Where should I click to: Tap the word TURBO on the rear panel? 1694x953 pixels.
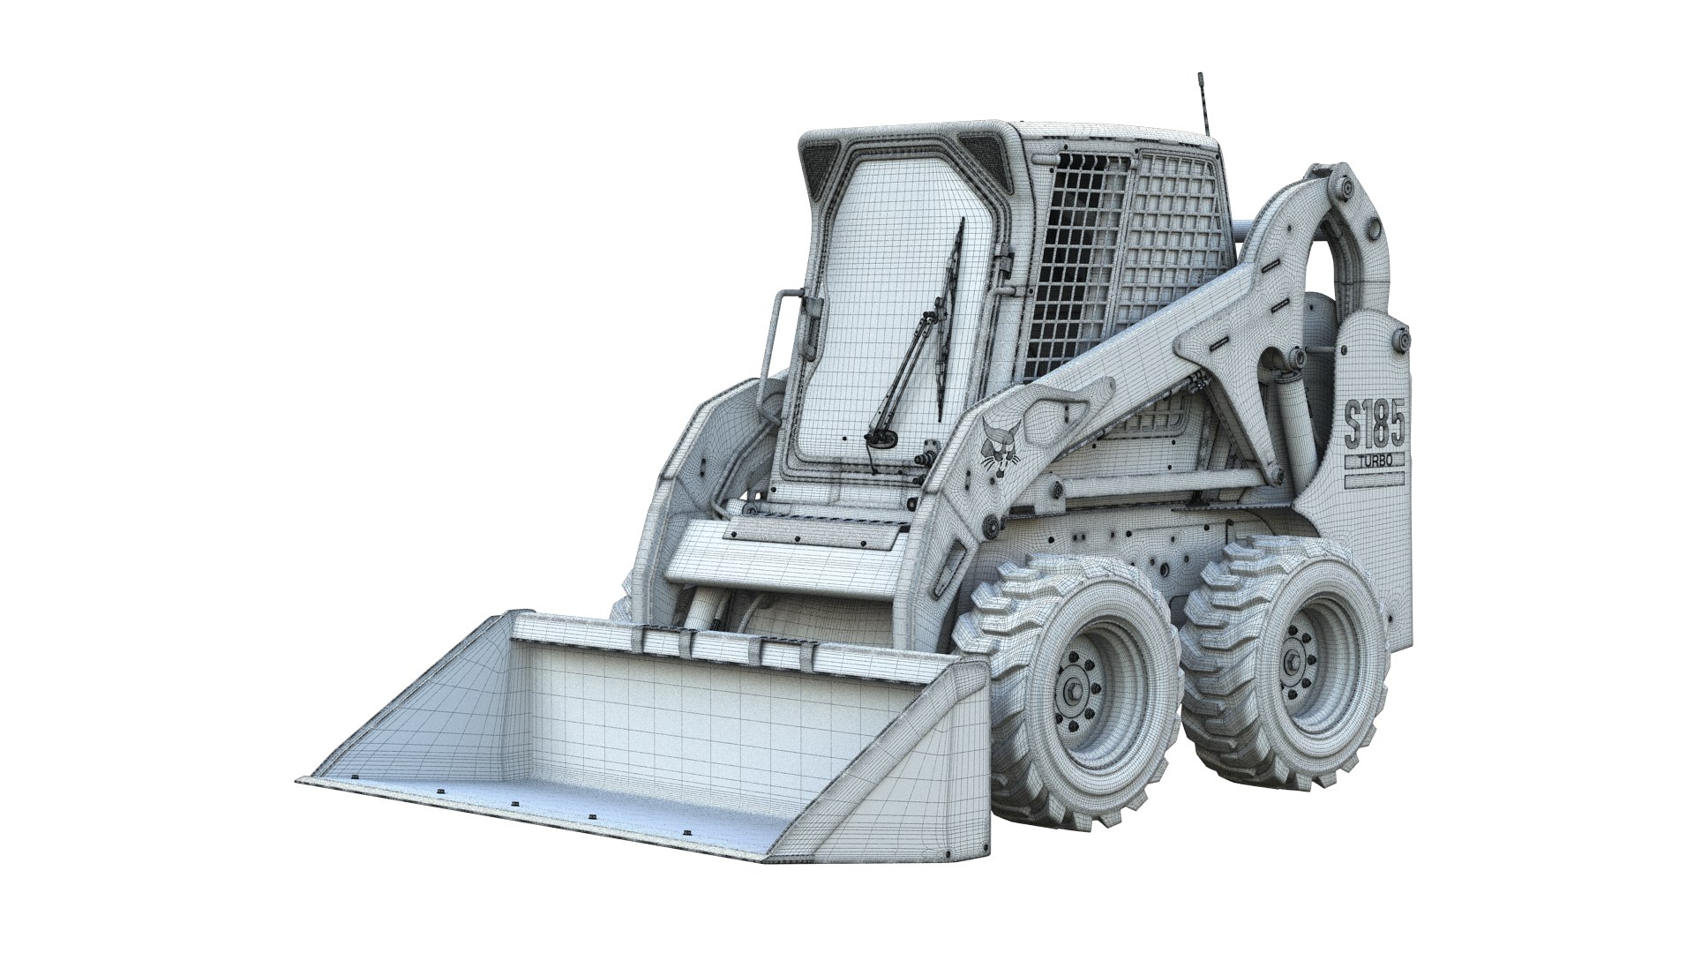(1374, 461)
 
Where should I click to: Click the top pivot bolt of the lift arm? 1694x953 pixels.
(1345, 187)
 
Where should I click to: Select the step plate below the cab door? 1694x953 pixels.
(816, 529)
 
